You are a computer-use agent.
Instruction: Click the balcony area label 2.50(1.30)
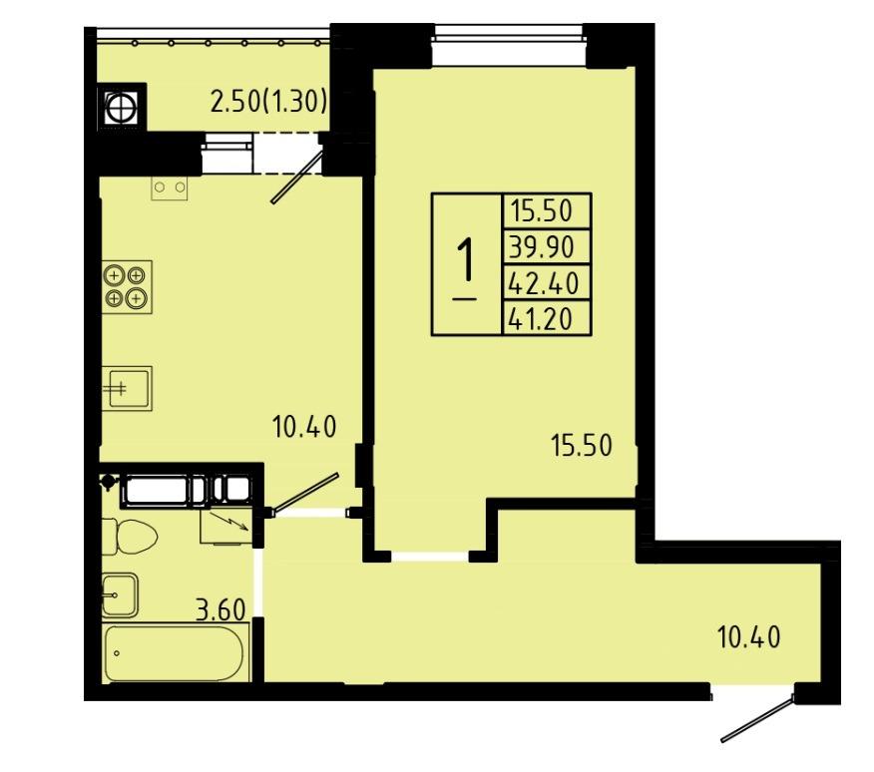(268, 102)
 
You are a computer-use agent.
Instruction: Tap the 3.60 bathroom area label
(220, 609)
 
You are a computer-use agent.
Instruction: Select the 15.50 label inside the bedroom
(582, 446)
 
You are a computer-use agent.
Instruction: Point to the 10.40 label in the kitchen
(304, 427)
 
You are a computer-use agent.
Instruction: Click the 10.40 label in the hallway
(749, 637)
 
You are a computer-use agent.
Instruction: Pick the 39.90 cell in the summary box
(547, 246)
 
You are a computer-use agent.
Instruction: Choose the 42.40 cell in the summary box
(547, 282)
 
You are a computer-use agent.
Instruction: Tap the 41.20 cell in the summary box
(547, 318)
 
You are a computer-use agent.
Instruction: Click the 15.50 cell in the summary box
(547, 210)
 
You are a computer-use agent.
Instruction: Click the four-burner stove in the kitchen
(127, 286)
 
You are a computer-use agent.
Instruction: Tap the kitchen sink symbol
(127, 389)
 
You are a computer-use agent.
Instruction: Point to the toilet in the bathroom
(130, 537)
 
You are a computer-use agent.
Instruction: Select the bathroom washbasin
(120, 595)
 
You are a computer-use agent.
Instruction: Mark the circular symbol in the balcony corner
(121, 107)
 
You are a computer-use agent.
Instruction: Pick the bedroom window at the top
(510, 38)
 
